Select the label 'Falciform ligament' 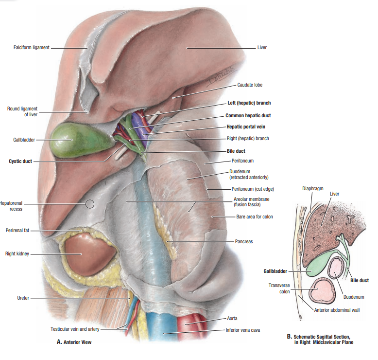32,48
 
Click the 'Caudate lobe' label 250,85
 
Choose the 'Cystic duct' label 20,161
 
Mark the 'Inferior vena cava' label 243,330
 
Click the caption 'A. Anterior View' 74,342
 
